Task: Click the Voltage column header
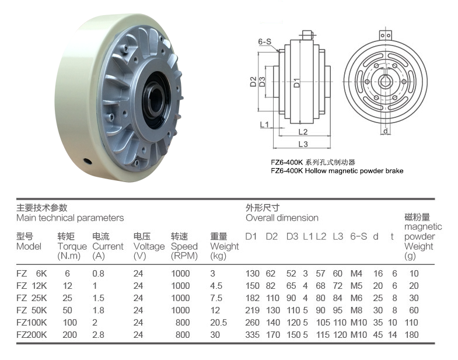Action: pos(149,246)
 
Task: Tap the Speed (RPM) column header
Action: pos(185,246)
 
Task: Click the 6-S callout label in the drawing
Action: pos(264,41)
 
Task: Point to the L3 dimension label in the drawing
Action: pos(303,144)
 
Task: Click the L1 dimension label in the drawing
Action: pos(264,124)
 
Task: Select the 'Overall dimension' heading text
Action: pos(282,218)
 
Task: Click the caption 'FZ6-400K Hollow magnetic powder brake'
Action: pos(337,171)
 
